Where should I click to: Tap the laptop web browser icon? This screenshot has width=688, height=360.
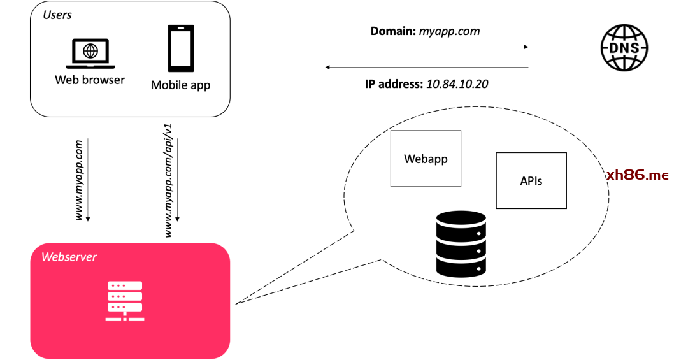coord(91,54)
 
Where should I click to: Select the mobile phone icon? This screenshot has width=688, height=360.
coord(180,48)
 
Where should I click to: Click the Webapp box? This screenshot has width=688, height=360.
coord(426,159)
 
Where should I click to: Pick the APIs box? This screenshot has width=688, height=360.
coord(531,180)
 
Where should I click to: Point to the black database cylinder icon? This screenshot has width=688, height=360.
coord(461,243)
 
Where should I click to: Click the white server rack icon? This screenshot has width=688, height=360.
coord(125,301)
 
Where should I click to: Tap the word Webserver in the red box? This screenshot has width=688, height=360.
coord(69,257)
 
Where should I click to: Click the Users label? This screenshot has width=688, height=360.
coord(57,15)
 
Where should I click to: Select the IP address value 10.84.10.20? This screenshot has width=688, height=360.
coord(457,83)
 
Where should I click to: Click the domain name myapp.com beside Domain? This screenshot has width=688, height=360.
coord(449,31)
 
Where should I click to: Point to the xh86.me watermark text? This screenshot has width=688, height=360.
coord(637,175)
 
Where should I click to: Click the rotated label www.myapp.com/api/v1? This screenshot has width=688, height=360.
coord(169,181)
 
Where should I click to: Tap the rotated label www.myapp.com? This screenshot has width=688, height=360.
coord(80,181)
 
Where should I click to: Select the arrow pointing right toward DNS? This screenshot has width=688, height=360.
coord(427,47)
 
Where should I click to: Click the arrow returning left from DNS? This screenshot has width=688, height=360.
coord(427,67)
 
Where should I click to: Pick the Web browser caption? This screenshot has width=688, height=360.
coord(90,80)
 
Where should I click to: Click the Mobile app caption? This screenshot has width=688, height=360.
coord(180,85)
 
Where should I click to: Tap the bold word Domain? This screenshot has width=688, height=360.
coord(393,31)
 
